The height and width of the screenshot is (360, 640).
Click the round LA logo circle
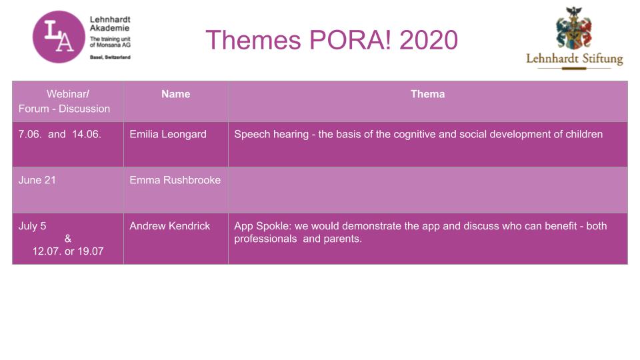point(59,37)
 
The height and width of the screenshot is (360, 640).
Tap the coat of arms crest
point(574,28)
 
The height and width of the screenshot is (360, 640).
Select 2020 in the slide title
point(429,40)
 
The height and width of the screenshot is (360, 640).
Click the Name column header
point(175,94)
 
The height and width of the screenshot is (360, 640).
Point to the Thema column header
point(427,94)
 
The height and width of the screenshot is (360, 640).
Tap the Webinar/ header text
point(68,94)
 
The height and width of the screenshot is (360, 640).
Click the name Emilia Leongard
point(168,134)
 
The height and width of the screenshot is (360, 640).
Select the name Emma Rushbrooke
point(175,180)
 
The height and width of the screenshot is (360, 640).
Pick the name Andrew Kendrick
point(170,226)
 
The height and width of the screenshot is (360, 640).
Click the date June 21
point(37,180)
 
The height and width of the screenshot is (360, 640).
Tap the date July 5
point(32,226)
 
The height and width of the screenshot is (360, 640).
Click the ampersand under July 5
point(68,239)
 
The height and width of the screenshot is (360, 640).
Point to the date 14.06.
point(87,134)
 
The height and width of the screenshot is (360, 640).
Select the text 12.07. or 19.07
point(68,251)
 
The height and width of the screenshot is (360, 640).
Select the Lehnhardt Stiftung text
point(575,59)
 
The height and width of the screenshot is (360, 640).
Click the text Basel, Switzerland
point(110,57)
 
